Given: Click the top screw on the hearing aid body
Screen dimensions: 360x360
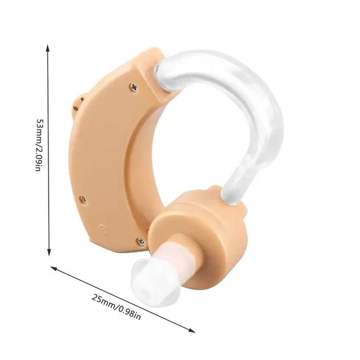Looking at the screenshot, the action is [x=133, y=87].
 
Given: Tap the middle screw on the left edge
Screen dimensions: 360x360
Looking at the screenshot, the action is [x=83, y=199].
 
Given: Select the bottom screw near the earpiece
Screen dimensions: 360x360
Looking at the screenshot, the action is [x=140, y=242].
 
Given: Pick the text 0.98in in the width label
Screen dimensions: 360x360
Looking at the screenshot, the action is [x=129, y=313].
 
